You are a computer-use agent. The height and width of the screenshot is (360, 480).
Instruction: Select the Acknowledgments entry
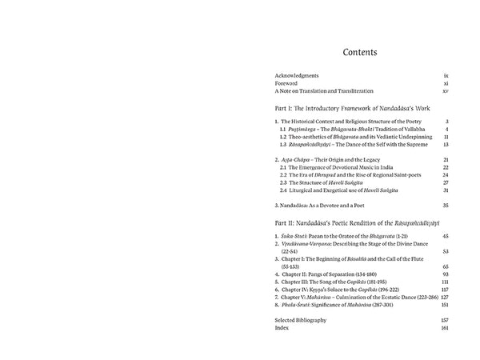pyautogui.click(x=297, y=74)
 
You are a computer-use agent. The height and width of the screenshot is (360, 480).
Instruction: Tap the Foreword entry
pyautogui.click(x=286, y=83)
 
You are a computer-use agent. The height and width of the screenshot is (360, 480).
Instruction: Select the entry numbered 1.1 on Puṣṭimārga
pyautogui.click(x=345, y=129)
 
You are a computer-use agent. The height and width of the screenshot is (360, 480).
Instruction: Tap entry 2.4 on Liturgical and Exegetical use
pyautogui.click(x=335, y=190)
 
